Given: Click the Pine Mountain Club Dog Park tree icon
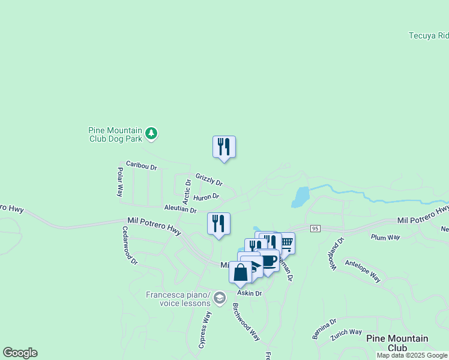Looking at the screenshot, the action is pos(152,133).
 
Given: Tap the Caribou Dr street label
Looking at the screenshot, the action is pos(141,165).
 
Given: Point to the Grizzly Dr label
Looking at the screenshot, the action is pos(209,179).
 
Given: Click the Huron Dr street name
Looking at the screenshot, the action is pos(207,196).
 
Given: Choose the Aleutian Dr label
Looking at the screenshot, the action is pos(181,209).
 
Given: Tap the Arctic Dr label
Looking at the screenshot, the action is pos(187,191).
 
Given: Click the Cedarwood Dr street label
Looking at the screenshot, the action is pos(130,245).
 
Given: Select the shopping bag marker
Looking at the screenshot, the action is pos(240,273).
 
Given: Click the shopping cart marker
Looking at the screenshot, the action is pos(286,242).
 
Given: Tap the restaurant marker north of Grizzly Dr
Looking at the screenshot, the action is pos(224,147).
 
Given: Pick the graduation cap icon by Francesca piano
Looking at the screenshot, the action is pos(220,298).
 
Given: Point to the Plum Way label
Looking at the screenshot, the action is pos(385,238).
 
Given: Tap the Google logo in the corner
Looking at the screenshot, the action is pos(20,353).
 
